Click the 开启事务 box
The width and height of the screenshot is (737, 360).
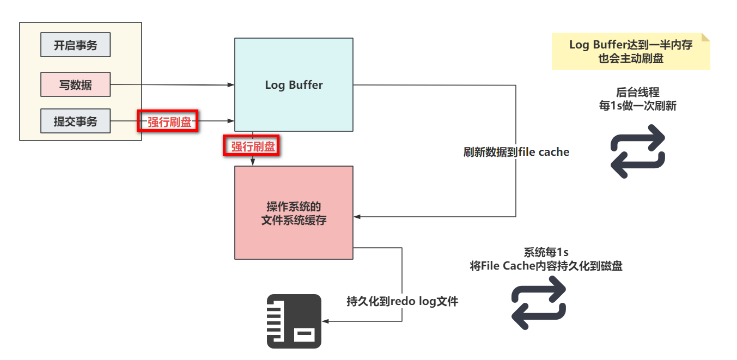[75, 45]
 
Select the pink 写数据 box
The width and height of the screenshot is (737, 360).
[75, 84]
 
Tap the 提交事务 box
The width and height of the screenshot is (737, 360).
[75, 121]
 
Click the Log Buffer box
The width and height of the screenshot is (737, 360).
[294, 84]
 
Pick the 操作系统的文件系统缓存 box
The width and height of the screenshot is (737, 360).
[294, 212]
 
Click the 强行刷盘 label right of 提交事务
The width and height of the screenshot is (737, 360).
[167, 121]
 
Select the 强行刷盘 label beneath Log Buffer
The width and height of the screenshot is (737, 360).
[252, 146]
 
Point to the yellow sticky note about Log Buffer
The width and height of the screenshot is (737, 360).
[630, 52]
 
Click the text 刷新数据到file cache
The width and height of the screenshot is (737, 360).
[516, 152]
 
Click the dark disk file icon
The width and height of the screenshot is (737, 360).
[294, 321]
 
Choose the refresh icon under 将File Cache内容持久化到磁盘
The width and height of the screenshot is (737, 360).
[539, 303]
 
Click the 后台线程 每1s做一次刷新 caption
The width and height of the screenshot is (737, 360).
[637, 100]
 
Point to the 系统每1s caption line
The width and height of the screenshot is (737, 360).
[546, 253]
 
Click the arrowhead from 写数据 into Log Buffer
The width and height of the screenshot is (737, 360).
[231, 84]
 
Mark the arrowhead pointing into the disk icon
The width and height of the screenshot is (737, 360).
[326, 321]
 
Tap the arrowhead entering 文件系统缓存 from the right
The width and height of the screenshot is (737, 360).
[357, 216]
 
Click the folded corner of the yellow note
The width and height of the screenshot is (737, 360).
[705, 37]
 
